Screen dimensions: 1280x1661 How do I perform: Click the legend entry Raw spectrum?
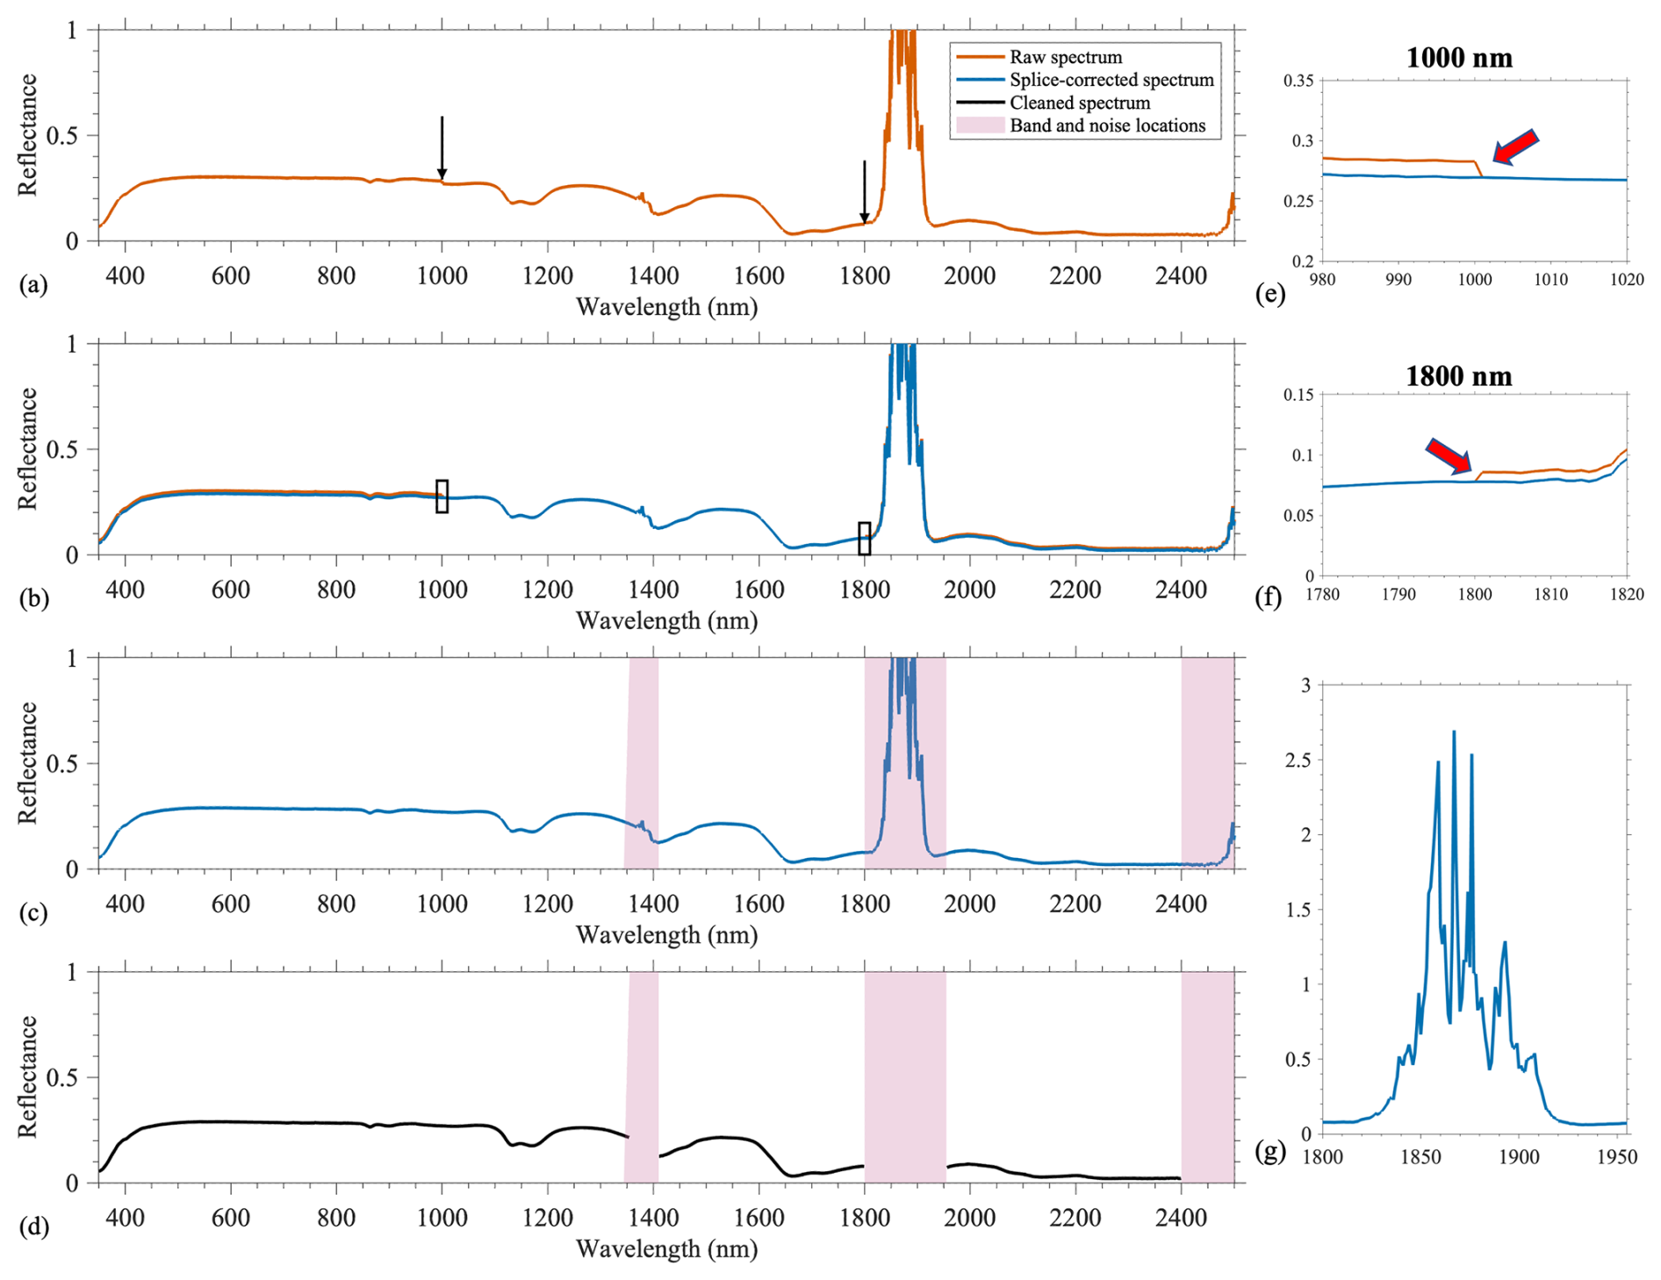pyautogui.click(x=1065, y=57)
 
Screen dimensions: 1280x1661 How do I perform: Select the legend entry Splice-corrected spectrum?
pyautogui.click(x=1111, y=80)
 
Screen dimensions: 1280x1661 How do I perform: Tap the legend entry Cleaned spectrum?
pyautogui.click(x=1079, y=103)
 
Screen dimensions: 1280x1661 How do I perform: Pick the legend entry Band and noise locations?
pyautogui.click(x=1107, y=125)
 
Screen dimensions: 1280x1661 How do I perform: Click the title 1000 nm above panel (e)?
pyautogui.click(x=1459, y=58)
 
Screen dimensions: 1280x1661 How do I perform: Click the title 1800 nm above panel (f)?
pyautogui.click(x=1458, y=376)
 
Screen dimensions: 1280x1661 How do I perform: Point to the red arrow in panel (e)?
pyautogui.click(x=1515, y=147)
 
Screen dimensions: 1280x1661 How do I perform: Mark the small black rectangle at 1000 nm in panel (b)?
pyautogui.click(x=442, y=496)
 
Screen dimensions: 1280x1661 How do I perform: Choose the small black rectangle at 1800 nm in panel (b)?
pyautogui.click(x=865, y=538)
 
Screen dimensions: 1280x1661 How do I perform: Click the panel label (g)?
pyautogui.click(x=1270, y=1151)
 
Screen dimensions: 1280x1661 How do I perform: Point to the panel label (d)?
pyautogui.click(x=33, y=1226)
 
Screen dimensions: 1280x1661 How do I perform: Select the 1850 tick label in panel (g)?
pyautogui.click(x=1420, y=1157)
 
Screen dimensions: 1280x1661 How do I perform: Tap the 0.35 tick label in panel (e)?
pyautogui.click(x=1298, y=81)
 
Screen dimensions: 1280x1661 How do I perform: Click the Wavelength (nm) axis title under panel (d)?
pyautogui.click(x=666, y=1248)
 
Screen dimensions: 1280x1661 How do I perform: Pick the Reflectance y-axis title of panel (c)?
pyautogui.click(x=28, y=762)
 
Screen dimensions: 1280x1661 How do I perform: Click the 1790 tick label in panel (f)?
pyautogui.click(x=1399, y=594)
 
